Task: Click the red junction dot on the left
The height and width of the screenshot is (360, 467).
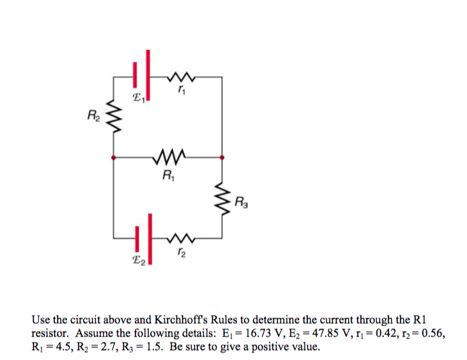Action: pyautogui.click(x=113, y=159)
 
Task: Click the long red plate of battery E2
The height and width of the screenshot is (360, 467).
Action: pyautogui.click(x=150, y=239)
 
